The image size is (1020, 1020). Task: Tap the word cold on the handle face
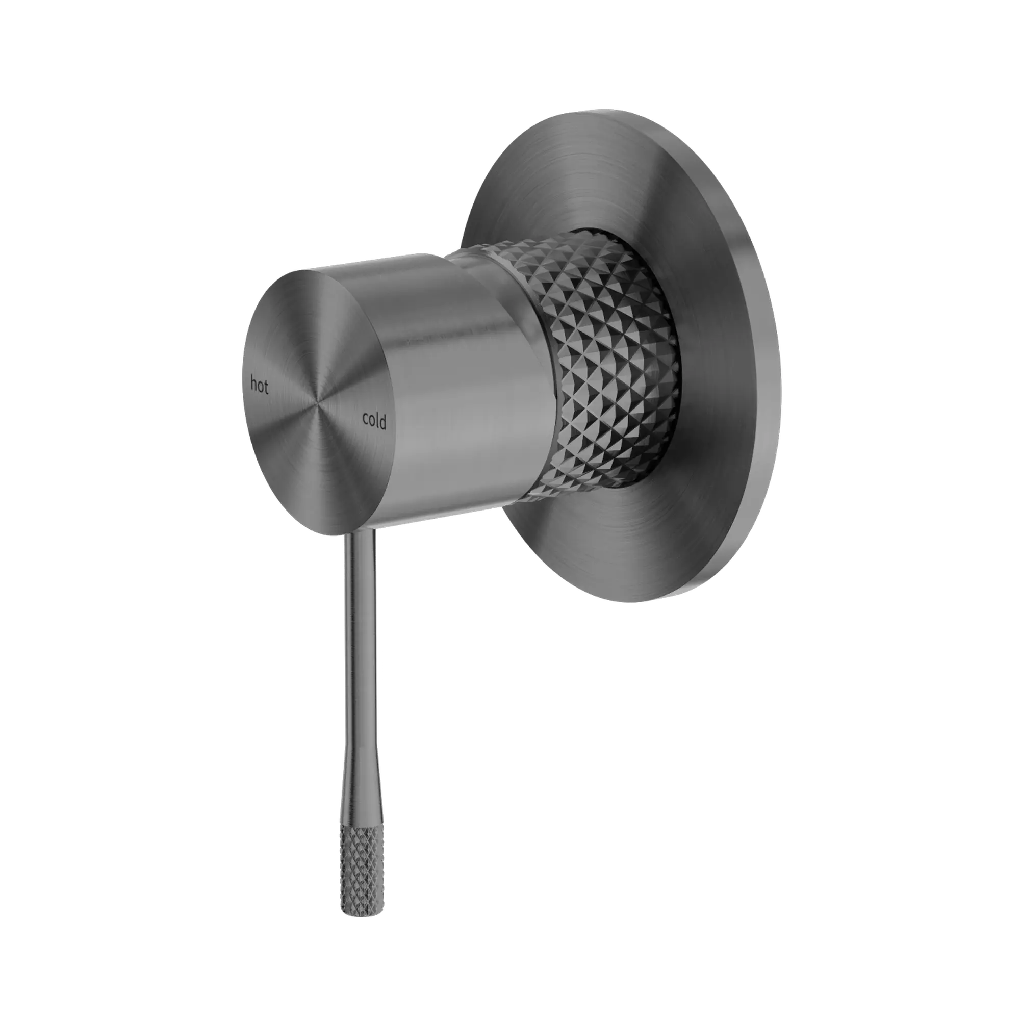pyautogui.click(x=374, y=421)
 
